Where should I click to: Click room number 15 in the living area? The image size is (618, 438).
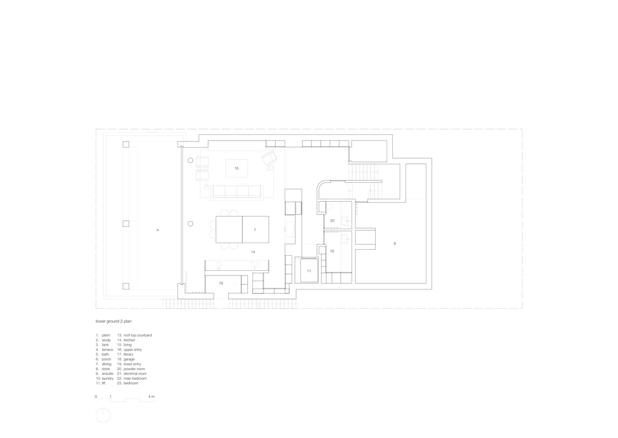pos(237,168)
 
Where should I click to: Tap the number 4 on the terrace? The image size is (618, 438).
pos(157,230)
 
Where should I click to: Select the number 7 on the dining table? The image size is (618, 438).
pos(255,230)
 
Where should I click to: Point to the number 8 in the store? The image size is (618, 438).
pos(395,244)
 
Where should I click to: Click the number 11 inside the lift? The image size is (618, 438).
pos(309,271)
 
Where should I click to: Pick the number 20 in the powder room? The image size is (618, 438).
pos(332,220)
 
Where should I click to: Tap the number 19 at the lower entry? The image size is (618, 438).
pos(221,283)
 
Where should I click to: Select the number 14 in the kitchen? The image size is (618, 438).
pos(253,252)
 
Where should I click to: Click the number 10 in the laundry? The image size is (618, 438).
pos(332,251)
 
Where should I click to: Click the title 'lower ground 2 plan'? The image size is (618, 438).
pos(114,321)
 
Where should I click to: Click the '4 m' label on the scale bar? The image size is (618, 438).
pos(151,396)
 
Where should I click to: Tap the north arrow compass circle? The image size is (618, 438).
pos(103,415)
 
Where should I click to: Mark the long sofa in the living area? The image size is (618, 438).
pos(237,191)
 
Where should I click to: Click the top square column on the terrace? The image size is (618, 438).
pos(126,144)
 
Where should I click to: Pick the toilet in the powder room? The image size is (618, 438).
pos(330,207)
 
